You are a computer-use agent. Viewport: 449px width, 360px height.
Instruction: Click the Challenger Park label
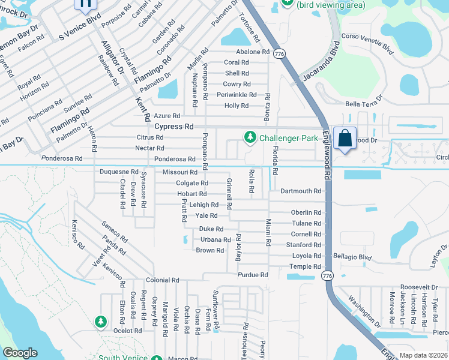pos(288,138)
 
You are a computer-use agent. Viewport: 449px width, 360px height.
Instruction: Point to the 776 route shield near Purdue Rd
pos(327,275)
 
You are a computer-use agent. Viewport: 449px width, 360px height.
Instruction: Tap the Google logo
pos(20,353)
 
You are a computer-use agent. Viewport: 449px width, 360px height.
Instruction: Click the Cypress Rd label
pos(174,127)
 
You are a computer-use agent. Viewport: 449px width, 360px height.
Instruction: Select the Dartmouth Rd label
pos(301,191)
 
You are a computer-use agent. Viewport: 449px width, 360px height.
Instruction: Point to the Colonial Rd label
pos(163,280)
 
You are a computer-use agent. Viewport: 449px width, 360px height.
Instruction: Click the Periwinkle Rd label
pos(237,95)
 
